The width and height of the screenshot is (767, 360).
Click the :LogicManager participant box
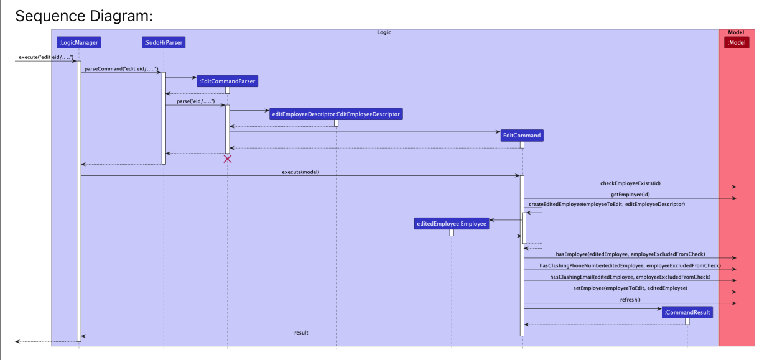click(78, 43)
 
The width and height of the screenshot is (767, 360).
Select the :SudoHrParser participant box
click(164, 43)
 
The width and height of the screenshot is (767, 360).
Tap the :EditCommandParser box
click(227, 81)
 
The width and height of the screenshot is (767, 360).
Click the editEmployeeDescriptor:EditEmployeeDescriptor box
click(336, 114)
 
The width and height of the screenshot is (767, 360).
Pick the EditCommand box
click(522, 135)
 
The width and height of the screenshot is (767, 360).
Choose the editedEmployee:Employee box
click(452, 224)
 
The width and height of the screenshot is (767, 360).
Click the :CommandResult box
click(687, 312)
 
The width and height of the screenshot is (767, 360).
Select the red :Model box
click(737, 42)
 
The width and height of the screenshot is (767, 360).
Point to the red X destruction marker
click(228, 159)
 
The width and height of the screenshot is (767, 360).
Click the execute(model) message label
click(300, 172)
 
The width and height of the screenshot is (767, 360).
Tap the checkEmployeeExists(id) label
click(630, 183)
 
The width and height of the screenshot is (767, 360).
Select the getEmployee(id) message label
click(630, 195)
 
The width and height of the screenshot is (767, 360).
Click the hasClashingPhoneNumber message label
click(630, 265)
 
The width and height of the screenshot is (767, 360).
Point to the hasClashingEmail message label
click(630, 277)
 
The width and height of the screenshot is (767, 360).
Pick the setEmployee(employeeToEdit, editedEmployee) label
click(630, 288)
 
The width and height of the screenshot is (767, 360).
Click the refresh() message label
click(630, 300)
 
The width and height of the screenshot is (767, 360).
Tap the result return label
click(301, 333)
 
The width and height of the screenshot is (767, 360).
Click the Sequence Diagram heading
click(84, 16)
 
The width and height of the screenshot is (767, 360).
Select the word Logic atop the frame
click(384, 32)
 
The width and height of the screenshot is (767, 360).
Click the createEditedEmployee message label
click(607, 204)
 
